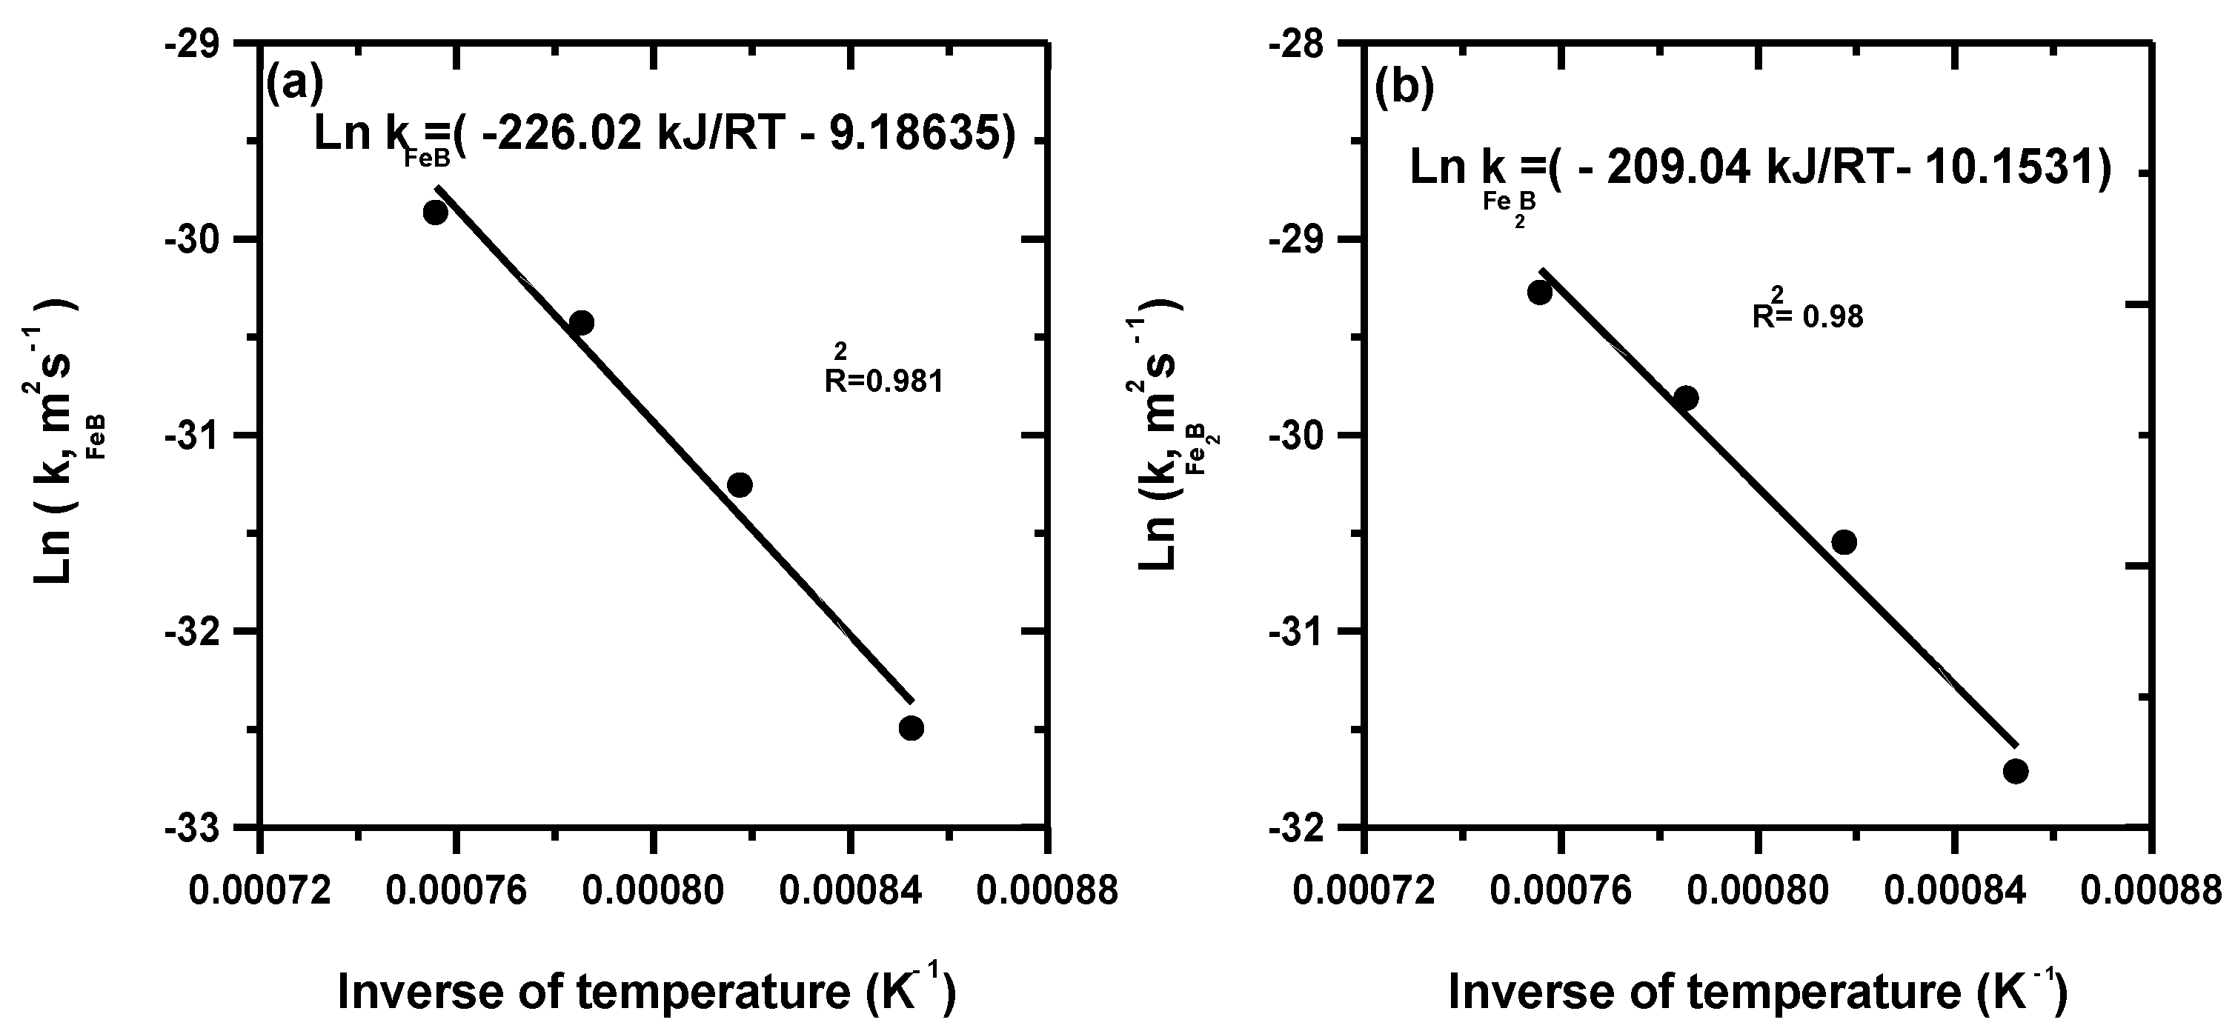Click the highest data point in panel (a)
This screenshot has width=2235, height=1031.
point(436,212)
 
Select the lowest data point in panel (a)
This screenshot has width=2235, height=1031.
point(911,727)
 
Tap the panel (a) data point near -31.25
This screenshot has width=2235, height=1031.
point(740,484)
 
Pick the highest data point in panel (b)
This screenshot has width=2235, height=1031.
point(1540,293)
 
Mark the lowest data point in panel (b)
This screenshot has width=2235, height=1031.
point(2016,771)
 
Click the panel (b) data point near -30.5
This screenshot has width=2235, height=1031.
point(1844,542)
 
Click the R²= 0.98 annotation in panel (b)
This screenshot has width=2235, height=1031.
point(1807,310)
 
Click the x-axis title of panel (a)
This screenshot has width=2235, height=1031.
point(646,990)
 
